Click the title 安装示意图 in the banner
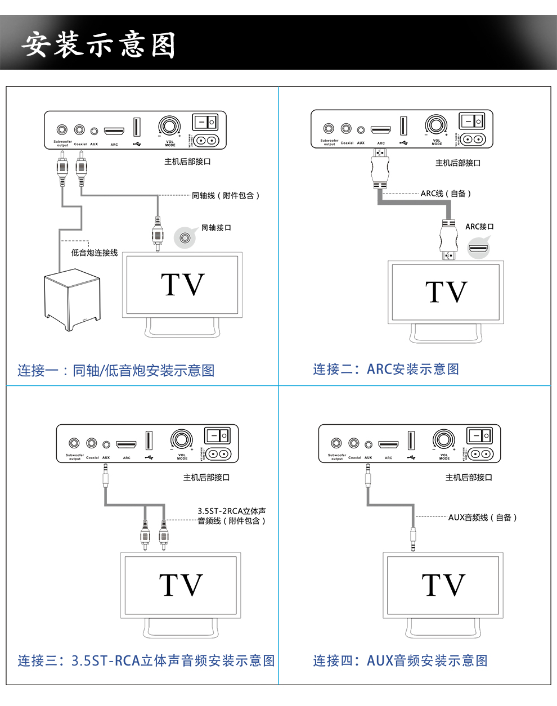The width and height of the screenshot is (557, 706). click(98, 44)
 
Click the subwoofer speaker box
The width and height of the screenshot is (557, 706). click(72, 299)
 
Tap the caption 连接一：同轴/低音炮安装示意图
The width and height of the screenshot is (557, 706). click(116, 370)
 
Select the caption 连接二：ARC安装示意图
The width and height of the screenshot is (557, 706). click(386, 369)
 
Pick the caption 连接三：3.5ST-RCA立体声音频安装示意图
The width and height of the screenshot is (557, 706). click(146, 660)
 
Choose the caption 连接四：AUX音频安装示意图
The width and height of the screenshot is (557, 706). click(400, 660)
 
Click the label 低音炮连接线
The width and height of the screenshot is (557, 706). click(95, 253)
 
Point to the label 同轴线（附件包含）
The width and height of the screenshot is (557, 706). click(226, 195)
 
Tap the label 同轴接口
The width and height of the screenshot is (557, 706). click(216, 227)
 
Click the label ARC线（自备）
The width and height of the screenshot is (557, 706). click(446, 193)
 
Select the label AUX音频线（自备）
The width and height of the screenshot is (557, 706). click(482, 517)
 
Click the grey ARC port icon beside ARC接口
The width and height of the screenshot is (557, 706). click(479, 247)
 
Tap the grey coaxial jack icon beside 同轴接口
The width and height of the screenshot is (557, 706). click(185, 237)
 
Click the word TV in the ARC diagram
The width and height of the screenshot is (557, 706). click(446, 292)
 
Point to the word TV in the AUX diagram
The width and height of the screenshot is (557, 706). click(443, 585)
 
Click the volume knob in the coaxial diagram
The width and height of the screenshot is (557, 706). click(169, 127)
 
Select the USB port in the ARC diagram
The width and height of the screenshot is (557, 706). click(403, 125)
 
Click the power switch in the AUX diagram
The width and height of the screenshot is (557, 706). click(479, 435)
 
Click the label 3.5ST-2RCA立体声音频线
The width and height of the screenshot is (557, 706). click(231, 516)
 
